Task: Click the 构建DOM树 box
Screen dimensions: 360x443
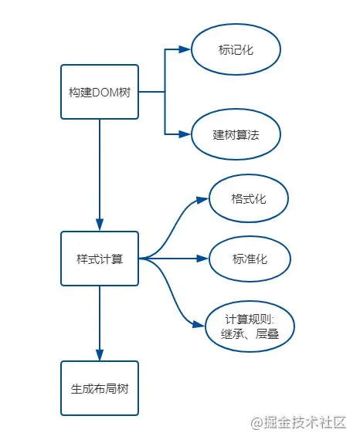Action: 100,92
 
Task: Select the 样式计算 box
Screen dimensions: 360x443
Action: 100,259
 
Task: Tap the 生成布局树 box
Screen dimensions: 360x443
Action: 100,388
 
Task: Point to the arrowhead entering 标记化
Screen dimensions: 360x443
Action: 185,49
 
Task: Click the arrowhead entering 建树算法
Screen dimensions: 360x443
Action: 185,134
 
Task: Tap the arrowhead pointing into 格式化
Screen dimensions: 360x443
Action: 202,200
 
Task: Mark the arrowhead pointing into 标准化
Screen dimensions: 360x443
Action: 202,259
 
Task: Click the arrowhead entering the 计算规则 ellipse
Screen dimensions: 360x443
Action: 199,324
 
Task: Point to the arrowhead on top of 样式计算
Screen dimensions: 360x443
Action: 100,225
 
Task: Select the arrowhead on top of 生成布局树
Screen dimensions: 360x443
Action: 100,355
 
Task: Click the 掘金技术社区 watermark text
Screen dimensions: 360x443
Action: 305,423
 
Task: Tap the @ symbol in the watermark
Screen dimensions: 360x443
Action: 256,423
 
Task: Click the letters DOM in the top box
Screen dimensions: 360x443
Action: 105,93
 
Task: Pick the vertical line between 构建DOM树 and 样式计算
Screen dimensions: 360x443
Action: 100,169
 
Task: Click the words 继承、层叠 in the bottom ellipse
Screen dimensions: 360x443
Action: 250,333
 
